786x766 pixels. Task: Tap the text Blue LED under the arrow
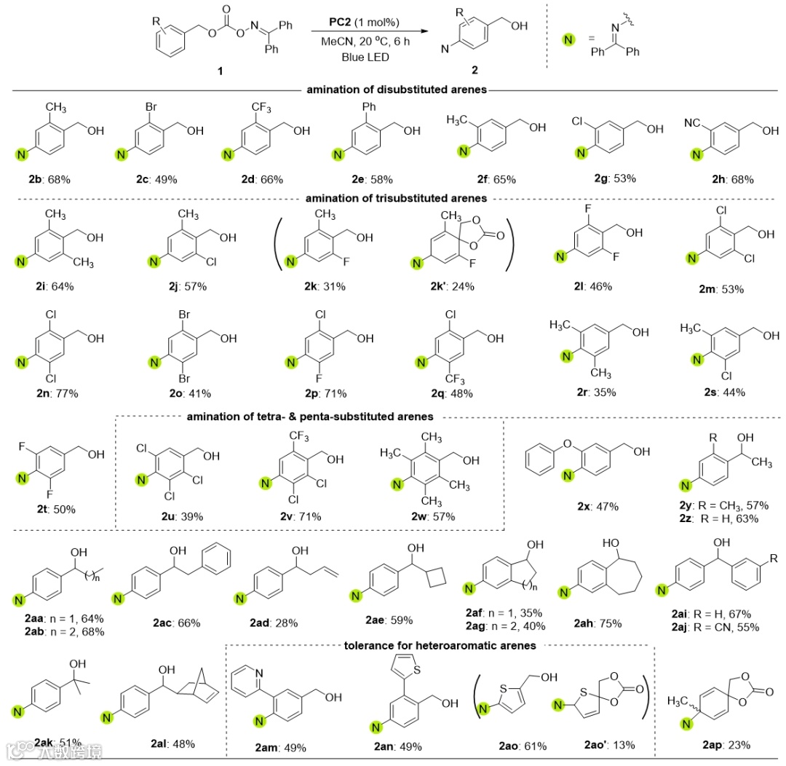[357, 56]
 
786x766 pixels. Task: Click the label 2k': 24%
[449, 286]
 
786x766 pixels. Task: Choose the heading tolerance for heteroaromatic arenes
[440, 645]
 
